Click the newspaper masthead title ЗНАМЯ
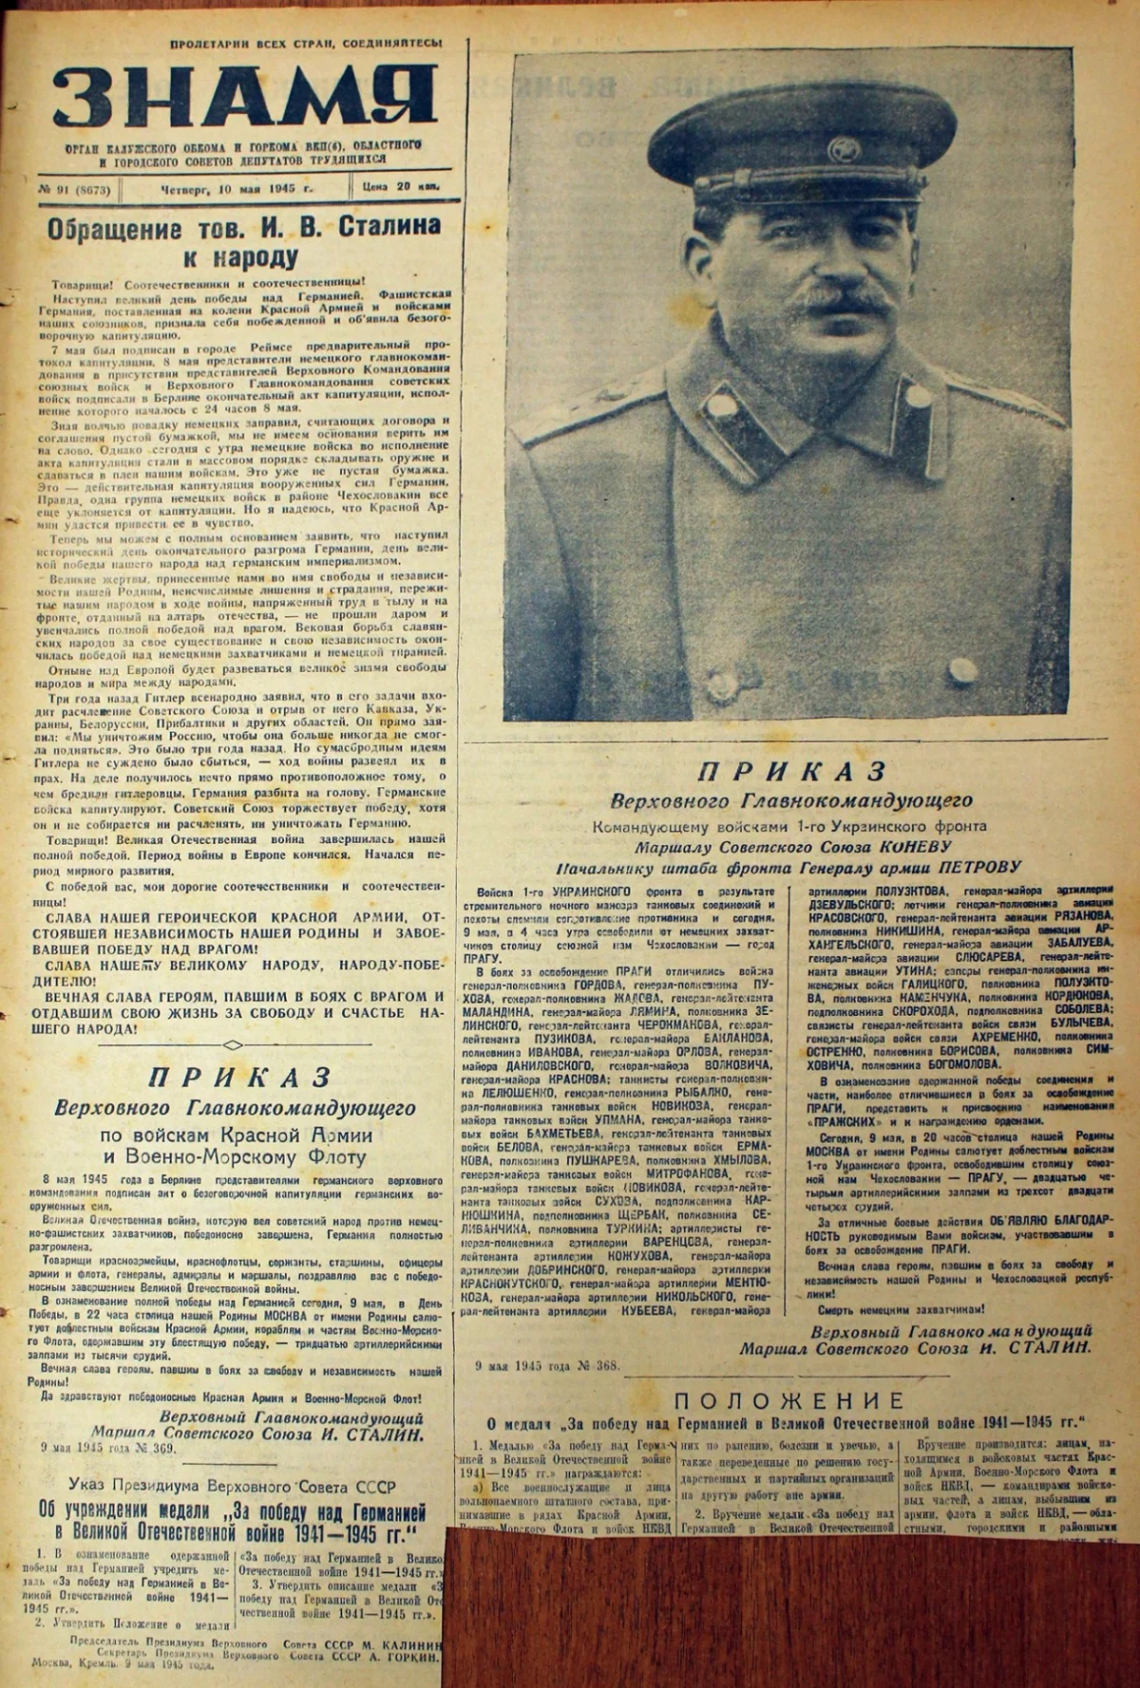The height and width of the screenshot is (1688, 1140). click(245, 102)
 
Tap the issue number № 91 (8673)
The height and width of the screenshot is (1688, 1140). click(76, 189)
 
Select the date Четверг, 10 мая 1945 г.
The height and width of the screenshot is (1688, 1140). click(231, 188)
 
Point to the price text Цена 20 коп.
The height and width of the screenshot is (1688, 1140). click(401, 187)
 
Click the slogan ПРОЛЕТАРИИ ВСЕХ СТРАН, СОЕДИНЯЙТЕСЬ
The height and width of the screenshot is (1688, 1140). click(306, 45)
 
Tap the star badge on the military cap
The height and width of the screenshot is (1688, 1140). click(842, 149)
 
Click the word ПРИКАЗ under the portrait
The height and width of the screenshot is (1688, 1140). click(791, 770)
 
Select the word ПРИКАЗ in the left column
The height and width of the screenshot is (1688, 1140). click(239, 1077)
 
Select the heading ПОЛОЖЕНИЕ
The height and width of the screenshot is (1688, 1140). click(789, 1400)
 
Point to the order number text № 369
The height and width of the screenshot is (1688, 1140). click(164, 1448)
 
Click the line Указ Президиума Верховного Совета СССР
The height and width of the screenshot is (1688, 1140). click(233, 1487)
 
